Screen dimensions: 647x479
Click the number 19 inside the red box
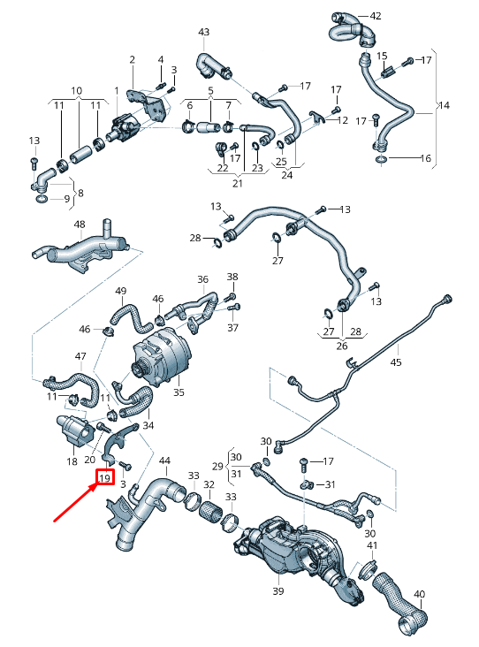pos(104,478)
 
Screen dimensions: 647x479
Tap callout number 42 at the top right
pos(376,17)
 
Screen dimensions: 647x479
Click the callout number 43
pos(204,33)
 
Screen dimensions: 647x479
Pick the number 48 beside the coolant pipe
pos(79,225)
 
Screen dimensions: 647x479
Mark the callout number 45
pos(396,362)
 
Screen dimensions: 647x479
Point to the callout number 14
pos(444,105)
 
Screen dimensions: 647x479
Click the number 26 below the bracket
pos(340,346)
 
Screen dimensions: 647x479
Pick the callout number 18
pos(72,461)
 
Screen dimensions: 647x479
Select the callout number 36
pos(203,280)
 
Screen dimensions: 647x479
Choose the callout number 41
pos(371,546)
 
